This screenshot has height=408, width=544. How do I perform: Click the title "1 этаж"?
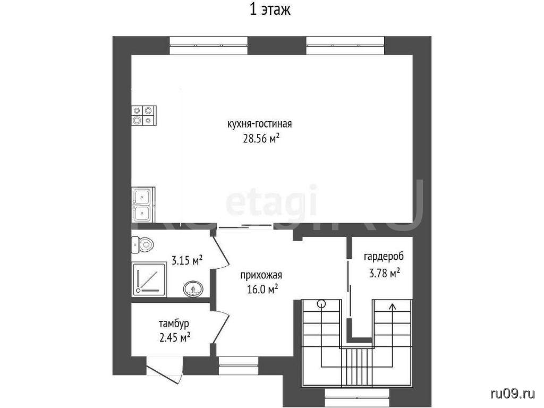tap(270, 10)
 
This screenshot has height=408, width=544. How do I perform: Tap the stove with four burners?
tap(143, 115)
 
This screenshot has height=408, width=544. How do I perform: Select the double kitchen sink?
tap(142, 205)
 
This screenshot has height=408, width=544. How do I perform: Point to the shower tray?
tap(149, 279)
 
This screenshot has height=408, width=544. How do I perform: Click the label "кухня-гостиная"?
tap(259, 124)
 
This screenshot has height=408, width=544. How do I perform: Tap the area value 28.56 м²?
tap(261, 139)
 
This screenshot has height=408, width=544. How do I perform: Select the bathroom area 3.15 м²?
tap(188, 260)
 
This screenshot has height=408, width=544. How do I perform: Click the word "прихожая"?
tap(261, 276)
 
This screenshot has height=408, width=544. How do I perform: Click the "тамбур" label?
tap(174, 324)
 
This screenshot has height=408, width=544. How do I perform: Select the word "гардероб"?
tap(384, 257)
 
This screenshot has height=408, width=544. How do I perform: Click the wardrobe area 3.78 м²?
tap(384, 273)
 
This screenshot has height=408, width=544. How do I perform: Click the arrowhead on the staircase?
tap(393, 307)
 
